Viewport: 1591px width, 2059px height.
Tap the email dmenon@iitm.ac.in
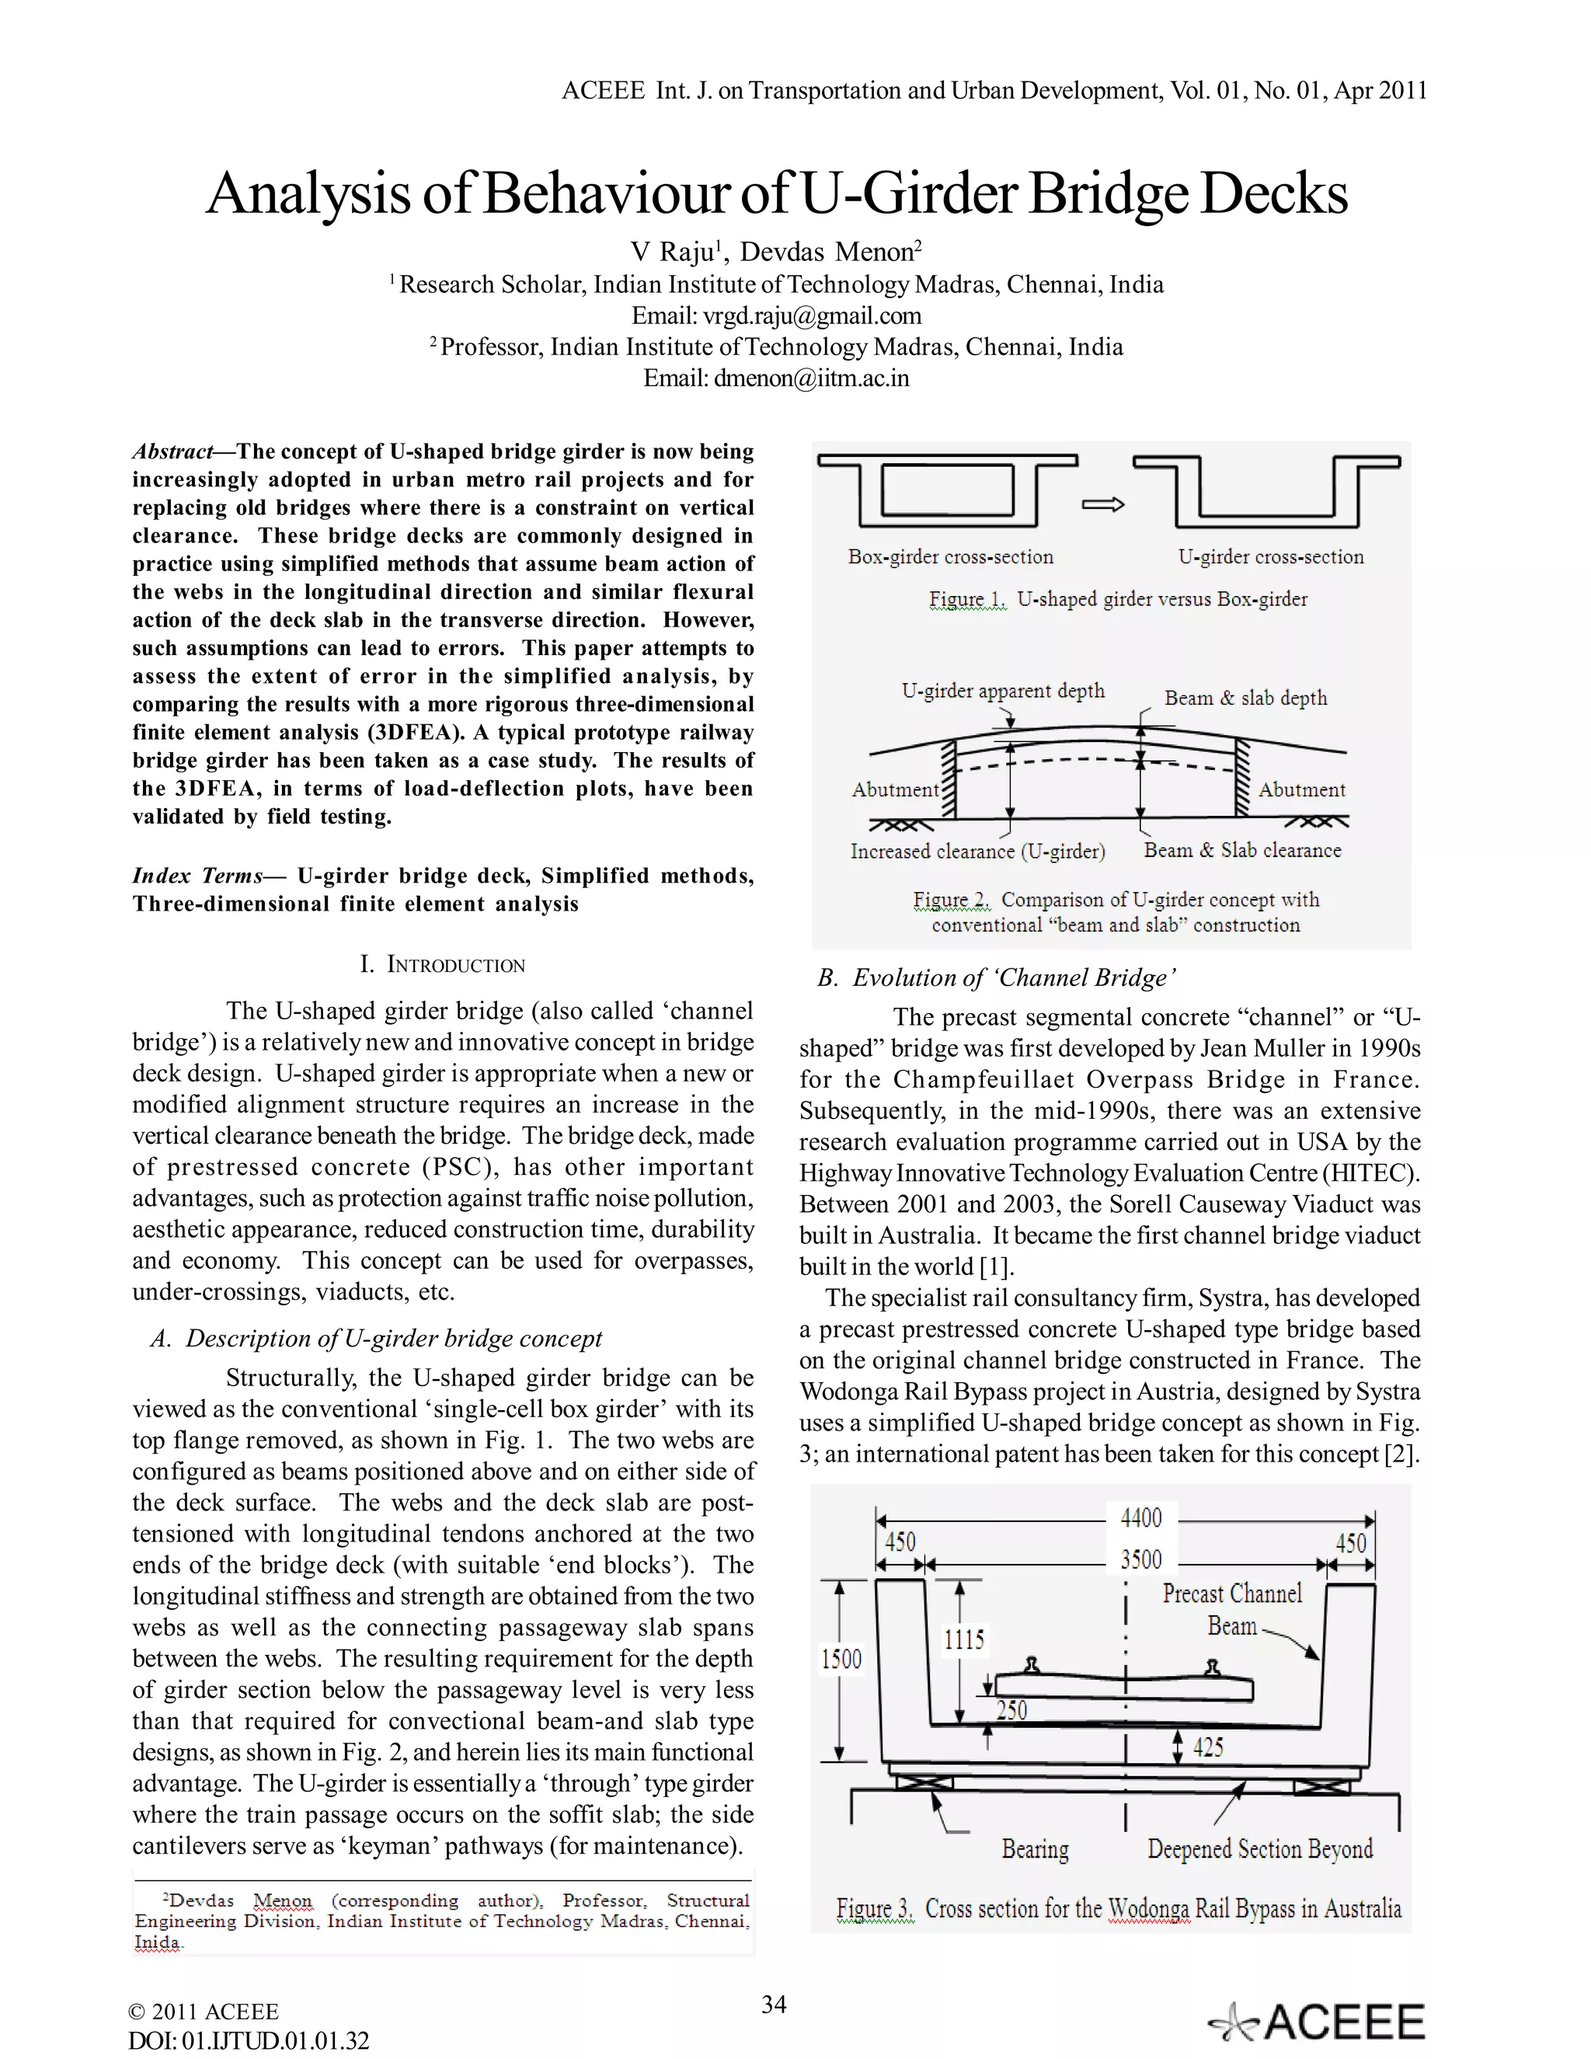pyautogui.click(x=810, y=378)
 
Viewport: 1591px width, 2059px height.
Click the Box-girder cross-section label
pyautogui.click(x=950, y=557)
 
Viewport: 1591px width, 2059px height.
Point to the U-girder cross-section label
pyautogui.click(x=1270, y=557)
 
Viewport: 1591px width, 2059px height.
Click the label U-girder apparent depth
pyautogui.click(x=1003, y=691)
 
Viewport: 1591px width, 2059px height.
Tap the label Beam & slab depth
pyautogui.click(x=1245, y=699)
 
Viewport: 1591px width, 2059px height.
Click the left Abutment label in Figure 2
pyautogui.click(x=894, y=790)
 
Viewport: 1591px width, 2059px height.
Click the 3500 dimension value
pyautogui.click(x=1140, y=1559)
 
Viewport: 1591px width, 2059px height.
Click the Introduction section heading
pyautogui.click(x=443, y=965)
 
